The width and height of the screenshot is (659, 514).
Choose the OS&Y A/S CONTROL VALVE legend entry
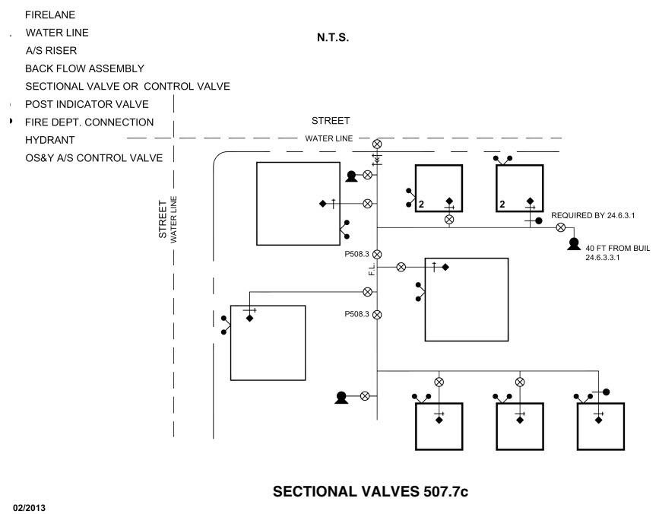click(94, 157)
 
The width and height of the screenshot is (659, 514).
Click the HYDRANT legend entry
click(50, 140)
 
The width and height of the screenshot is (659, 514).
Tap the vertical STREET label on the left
click(162, 220)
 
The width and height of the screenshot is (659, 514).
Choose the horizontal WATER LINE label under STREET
click(327, 138)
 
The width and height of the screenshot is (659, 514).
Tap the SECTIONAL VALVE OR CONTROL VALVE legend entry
click(128, 87)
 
